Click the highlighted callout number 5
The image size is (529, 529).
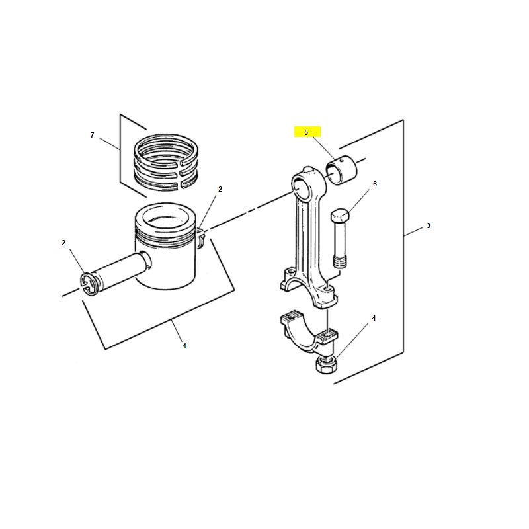[306, 132]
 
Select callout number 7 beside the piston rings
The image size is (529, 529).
[92, 135]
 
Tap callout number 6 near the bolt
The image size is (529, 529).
[374, 184]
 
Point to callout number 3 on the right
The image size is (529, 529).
[428, 225]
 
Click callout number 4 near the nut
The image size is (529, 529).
[374, 318]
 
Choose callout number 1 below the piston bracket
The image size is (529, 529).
[184, 346]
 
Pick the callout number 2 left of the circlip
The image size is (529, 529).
[63, 243]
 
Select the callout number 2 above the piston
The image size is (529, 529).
[220, 189]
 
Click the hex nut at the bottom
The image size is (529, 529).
[325, 364]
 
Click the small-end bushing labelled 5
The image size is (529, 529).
[341, 170]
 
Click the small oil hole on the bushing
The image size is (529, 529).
[342, 161]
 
